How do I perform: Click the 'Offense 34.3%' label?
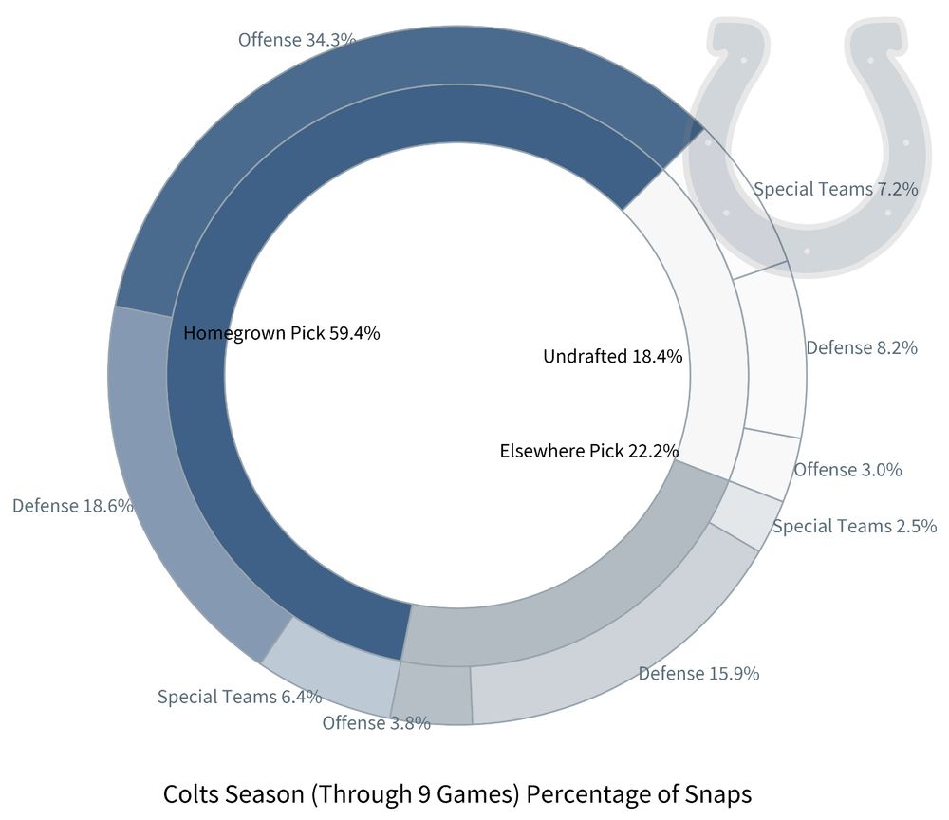click(x=297, y=40)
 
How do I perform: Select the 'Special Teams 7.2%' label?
click(x=835, y=189)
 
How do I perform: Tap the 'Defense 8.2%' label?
click(x=861, y=347)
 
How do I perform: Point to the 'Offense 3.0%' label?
click(x=847, y=469)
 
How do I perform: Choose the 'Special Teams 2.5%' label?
click(x=854, y=526)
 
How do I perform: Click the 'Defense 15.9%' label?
click(x=698, y=674)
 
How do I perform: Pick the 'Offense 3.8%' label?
click(x=376, y=722)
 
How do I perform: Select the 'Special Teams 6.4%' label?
click(x=239, y=697)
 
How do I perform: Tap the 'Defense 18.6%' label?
click(x=72, y=505)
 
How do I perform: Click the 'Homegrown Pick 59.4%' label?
click(x=282, y=333)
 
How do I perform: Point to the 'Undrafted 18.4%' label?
click(x=612, y=357)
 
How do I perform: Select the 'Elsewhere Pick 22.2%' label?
click(x=588, y=450)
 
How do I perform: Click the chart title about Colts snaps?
click(x=457, y=793)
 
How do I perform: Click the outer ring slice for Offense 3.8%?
click(x=433, y=694)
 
